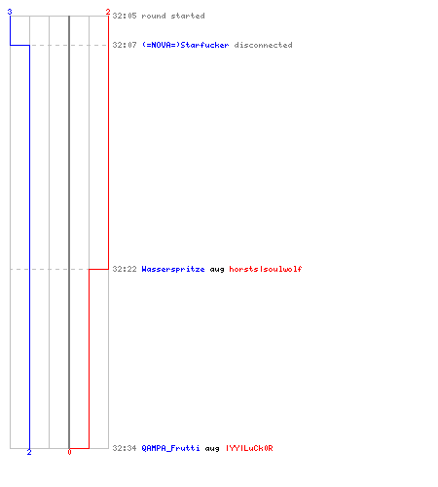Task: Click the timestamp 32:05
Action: tap(125, 16)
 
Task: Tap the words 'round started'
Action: tap(173, 16)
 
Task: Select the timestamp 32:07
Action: tap(125, 45)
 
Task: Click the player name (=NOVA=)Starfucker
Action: tap(185, 45)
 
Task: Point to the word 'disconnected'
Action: tap(263, 45)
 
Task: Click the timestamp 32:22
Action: tap(125, 269)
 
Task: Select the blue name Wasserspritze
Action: tap(173, 269)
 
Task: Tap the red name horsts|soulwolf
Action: tap(266, 269)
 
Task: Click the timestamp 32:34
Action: tap(125, 448)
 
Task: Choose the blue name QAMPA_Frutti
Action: tap(170, 448)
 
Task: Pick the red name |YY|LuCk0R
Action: tap(249, 448)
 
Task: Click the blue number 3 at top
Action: tap(10, 12)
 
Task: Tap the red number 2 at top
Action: tap(108, 12)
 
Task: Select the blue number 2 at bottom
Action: tap(29, 452)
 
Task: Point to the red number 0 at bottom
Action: tap(69, 452)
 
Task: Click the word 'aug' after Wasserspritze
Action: tap(217, 270)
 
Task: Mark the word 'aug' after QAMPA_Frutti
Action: tap(212, 449)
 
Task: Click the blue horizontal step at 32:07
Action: tap(19, 45)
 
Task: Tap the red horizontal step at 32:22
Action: tap(98, 269)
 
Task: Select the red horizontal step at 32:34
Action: tap(79, 448)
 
